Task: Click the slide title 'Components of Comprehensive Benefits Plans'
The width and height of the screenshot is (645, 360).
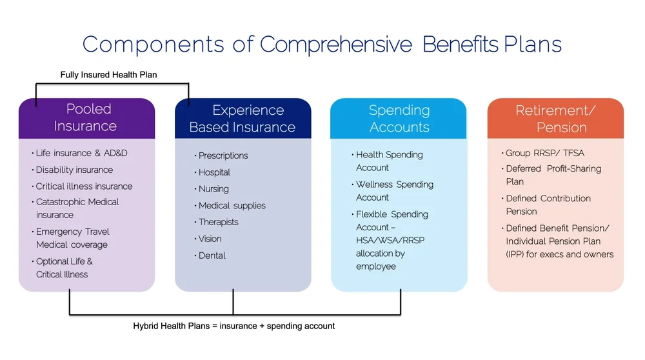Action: tap(322, 45)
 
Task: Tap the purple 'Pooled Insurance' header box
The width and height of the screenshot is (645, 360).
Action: tap(86, 118)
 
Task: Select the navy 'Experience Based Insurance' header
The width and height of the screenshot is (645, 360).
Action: tap(243, 119)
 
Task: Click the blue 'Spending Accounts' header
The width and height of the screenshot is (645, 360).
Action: tap(399, 119)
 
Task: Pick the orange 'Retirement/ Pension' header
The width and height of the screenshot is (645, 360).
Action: tap(555, 119)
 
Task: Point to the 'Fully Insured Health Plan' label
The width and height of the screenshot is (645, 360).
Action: tap(108, 75)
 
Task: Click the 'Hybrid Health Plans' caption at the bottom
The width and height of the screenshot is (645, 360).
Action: tap(233, 326)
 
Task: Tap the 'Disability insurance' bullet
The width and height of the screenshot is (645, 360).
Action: tap(74, 170)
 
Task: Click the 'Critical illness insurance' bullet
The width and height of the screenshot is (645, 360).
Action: tap(84, 186)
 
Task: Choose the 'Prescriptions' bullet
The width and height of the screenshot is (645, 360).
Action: tap(223, 155)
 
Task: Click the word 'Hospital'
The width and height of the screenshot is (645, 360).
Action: tap(214, 172)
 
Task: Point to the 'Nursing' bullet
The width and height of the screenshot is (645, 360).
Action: tap(213, 189)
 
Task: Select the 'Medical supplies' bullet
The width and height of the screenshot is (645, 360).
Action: tap(232, 206)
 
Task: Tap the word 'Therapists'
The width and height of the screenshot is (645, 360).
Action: tap(219, 222)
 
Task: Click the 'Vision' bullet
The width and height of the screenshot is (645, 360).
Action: tap(210, 239)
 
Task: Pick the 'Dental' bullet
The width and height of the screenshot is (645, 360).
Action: tap(212, 255)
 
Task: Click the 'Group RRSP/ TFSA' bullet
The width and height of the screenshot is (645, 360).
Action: tap(545, 153)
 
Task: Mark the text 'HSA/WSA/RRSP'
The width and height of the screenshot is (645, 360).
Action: tap(390, 241)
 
